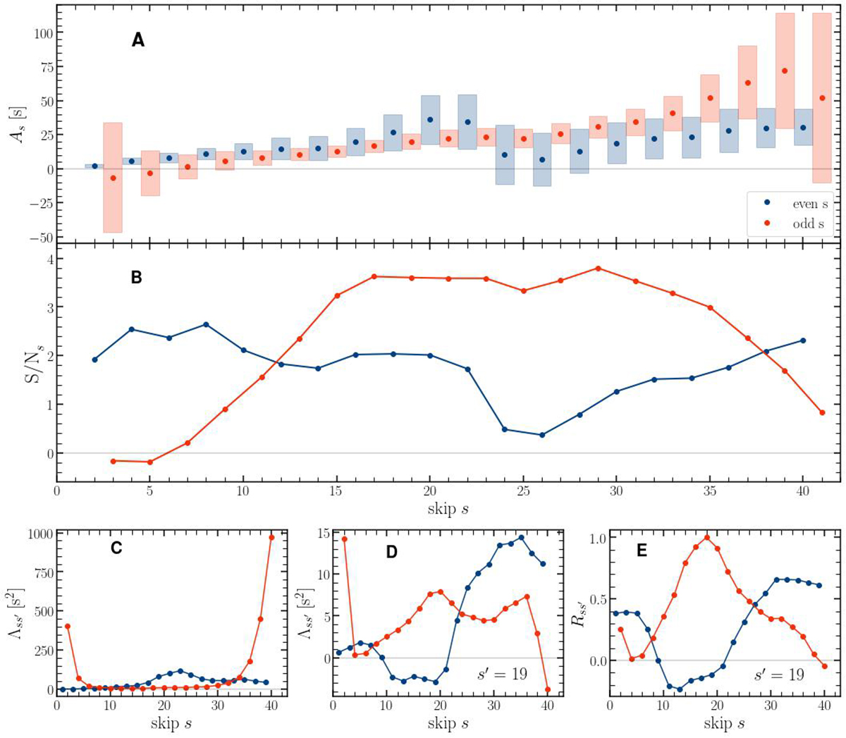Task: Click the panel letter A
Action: point(138,40)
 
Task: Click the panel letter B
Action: point(137,278)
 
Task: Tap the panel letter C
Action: point(116,548)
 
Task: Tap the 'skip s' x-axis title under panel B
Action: point(448,508)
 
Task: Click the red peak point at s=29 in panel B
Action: point(598,269)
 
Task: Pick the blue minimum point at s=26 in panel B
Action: point(541,435)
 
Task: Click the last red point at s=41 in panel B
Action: point(822,413)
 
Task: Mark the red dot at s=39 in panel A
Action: point(785,70)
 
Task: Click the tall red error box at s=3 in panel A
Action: point(113,178)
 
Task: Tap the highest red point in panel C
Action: point(271,537)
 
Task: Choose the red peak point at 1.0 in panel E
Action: point(706,538)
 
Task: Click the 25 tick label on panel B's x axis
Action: point(522,491)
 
